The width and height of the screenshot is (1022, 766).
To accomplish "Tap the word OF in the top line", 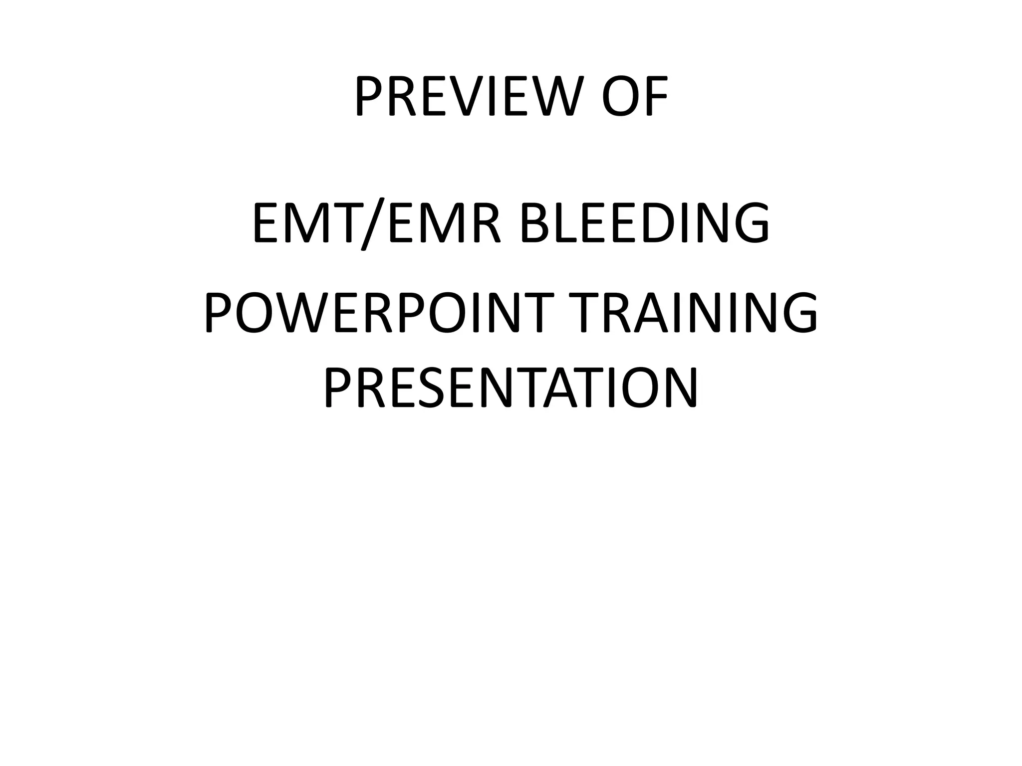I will (635, 97).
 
